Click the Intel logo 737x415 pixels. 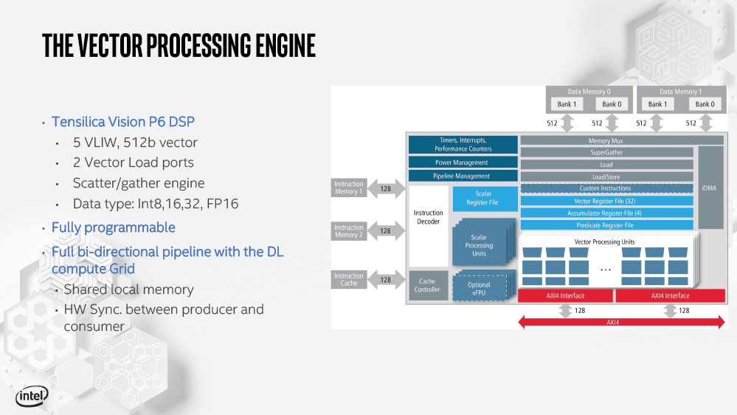tap(32, 397)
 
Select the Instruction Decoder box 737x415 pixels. tap(428, 217)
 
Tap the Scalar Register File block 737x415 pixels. tap(481, 199)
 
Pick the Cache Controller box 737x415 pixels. tap(427, 285)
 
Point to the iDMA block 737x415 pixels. tap(710, 188)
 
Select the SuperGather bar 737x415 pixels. tap(606, 153)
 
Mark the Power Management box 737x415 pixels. tap(461, 162)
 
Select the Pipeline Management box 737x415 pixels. tap(461, 176)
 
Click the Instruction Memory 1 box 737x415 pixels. tap(349, 188)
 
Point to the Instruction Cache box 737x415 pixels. tap(349, 280)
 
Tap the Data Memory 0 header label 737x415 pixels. tap(589, 92)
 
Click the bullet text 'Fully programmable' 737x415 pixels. tap(114, 227)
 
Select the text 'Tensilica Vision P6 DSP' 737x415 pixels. tap(123, 122)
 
